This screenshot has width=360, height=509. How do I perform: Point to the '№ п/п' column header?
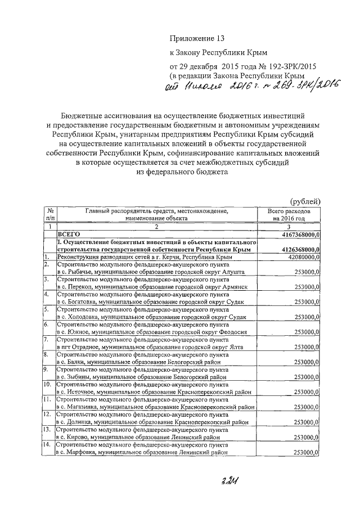pyautogui.click(x=50, y=214)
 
